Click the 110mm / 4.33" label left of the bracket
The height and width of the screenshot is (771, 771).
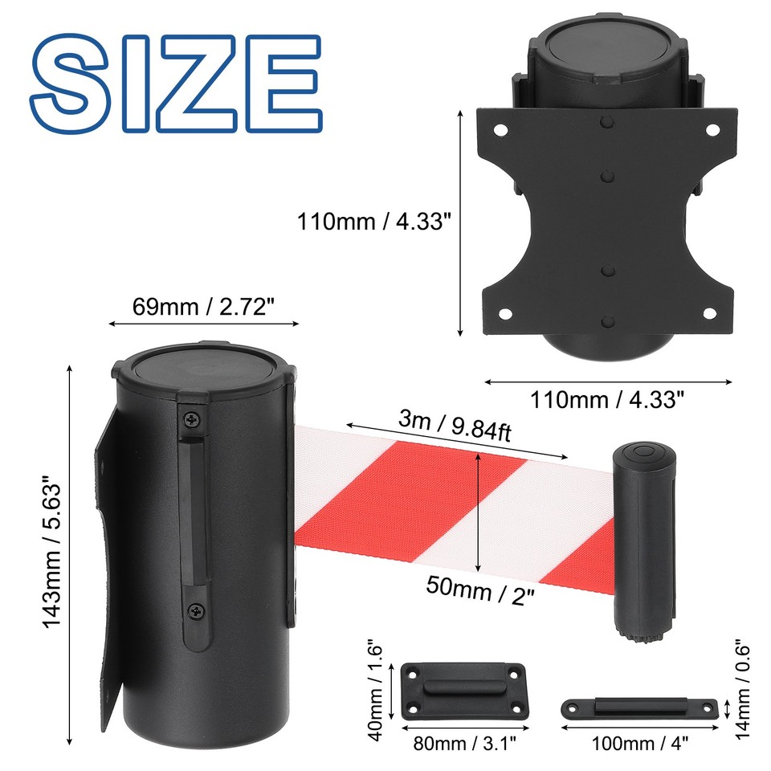pyautogui.click(x=370, y=221)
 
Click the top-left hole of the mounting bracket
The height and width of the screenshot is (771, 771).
pyautogui.click(x=500, y=129)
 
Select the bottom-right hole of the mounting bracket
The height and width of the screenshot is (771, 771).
pyautogui.click(x=712, y=314)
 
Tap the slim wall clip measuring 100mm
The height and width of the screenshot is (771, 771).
pyautogui.click(x=639, y=708)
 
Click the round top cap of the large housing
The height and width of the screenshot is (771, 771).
pyautogui.click(x=202, y=370)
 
